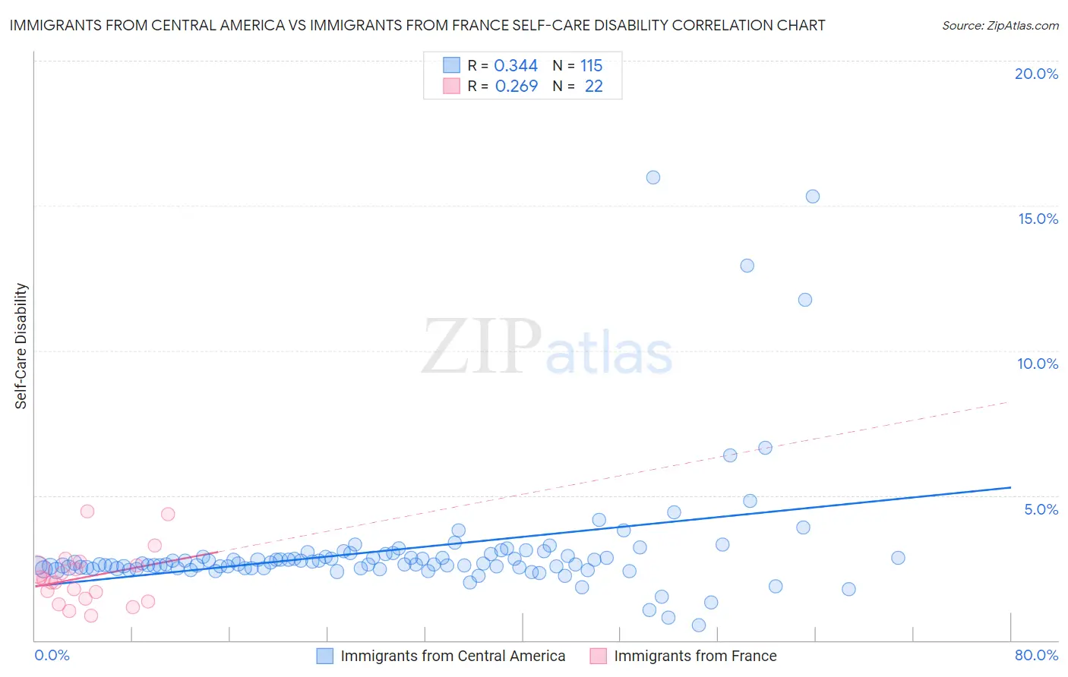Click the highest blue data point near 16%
[653, 178]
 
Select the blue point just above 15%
[813, 197]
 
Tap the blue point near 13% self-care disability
[747, 266]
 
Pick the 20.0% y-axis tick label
[1036, 74]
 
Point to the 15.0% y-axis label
[1038, 219]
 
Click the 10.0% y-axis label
[1038, 364]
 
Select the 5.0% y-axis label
[1041, 509]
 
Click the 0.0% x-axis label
[52, 655]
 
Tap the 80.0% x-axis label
[1036, 655]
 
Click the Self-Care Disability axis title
[21, 346]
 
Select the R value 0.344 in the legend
[516, 66]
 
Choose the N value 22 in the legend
[593, 87]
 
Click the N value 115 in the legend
[591, 66]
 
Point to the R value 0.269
[517, 87]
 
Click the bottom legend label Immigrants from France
[695, 656]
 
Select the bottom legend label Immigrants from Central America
[453, 656]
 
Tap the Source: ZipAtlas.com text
[1000, 26]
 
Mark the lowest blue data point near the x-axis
[699, 625]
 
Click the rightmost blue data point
[898, 558]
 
